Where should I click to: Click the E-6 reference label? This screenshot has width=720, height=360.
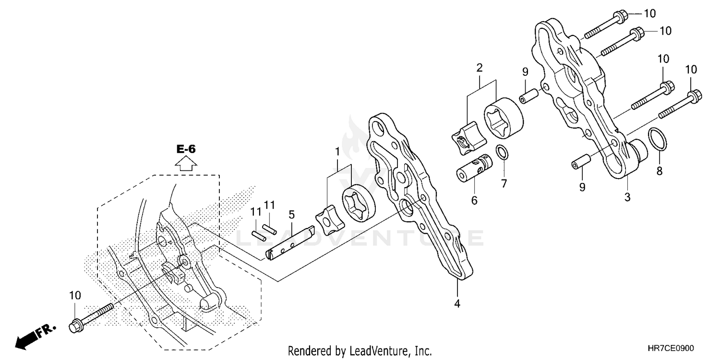[186, 149]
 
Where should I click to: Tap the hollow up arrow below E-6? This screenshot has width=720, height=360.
[186, 164]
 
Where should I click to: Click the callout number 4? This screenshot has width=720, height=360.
[457, 303]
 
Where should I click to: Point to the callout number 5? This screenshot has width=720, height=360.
[291, 215]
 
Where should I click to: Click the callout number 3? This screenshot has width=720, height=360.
[627, 196]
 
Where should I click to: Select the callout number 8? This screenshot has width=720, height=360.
[660, 170]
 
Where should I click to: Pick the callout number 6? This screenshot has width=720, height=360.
[474, 201]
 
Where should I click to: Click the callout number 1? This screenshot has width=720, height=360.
[337, 151]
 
